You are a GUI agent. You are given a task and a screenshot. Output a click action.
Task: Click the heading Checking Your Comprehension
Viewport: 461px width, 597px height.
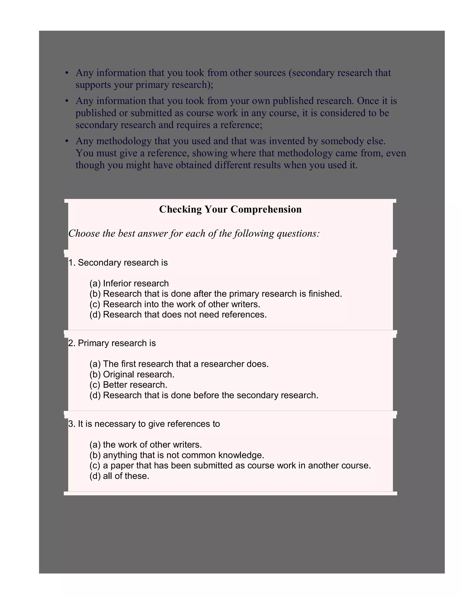point(230,209)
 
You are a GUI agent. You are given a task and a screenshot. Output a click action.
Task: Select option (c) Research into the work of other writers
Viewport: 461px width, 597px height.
point(175,304)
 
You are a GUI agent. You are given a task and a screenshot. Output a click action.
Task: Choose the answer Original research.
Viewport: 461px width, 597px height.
point(132,374)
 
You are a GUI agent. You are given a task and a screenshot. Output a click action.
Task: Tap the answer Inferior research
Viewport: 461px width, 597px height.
point(129,283)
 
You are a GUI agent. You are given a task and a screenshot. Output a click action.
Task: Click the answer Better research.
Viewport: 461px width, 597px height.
point(128,385)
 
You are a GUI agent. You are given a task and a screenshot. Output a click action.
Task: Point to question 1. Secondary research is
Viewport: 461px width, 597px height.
point(118,262)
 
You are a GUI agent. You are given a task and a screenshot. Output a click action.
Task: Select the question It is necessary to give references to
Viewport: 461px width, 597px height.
point(144,424)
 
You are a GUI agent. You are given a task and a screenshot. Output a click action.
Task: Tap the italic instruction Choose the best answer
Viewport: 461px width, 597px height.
point(194,233)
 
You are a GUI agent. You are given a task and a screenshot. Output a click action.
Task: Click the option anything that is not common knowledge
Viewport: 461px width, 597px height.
point(177,455)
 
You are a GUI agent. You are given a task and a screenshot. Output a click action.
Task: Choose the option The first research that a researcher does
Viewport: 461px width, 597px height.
point(179,364)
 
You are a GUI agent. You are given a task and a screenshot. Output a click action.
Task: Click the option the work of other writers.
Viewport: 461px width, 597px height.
point(146,444)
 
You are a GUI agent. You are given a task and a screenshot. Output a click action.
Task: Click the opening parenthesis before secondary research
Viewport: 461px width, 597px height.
point(290,73)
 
